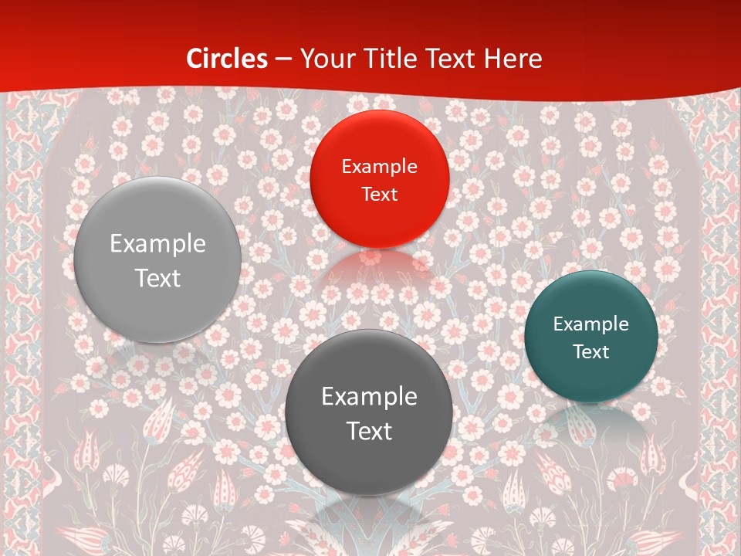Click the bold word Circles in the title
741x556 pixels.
pos(227,59)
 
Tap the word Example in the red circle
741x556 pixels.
pos(380,166)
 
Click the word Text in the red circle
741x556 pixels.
pos(380,194)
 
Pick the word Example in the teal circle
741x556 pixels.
pos(591,324)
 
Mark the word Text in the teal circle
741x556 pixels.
pos(591,351)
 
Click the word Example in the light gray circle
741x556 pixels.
pos(157,243)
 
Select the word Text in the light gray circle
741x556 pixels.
pos(157,278)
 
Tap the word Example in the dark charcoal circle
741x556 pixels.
pos(369,396)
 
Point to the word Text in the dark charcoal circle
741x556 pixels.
pos(369,431)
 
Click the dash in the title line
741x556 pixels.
pos(283,59)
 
